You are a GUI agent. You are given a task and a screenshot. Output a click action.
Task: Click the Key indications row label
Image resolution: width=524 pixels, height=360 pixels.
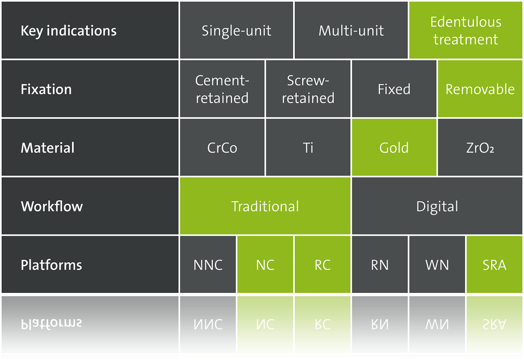[69, 31]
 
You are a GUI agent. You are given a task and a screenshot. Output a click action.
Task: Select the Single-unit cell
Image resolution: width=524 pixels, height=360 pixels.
[236, 31]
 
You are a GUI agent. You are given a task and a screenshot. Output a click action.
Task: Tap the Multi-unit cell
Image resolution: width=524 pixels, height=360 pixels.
[351, 31]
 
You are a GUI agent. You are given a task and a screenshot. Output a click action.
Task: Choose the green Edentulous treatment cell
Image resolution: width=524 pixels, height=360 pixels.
[466, 31]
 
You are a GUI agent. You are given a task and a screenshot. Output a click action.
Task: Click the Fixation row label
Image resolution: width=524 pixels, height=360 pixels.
[46, 89]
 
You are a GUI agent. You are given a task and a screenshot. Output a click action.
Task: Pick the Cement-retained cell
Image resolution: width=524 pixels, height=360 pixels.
[222, 89]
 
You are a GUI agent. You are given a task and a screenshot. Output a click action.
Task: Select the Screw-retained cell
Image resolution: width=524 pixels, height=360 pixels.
[308, 89]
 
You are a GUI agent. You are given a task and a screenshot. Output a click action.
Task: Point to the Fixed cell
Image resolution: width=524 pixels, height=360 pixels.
[394, 89]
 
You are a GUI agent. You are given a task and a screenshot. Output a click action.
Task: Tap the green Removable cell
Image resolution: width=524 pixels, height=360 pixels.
[480, 89]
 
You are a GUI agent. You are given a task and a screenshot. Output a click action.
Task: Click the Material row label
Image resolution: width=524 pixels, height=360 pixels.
[47, 148]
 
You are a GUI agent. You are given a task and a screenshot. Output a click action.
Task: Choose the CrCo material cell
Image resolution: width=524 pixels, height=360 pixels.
[222, 147]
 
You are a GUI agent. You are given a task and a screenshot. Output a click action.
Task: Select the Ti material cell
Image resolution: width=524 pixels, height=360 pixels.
[308, 147]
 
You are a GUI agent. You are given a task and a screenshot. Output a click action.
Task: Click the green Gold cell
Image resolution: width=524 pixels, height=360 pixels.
[394, 147]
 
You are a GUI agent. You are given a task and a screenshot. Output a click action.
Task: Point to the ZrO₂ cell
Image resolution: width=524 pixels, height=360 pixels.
[480, 147]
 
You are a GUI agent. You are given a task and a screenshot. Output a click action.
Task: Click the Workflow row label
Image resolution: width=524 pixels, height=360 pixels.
[52, 206]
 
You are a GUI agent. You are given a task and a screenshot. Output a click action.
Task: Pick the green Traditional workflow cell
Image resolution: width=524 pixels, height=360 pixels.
[265, 206]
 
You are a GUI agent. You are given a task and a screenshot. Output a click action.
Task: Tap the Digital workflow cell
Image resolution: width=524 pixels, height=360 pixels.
[437, 206]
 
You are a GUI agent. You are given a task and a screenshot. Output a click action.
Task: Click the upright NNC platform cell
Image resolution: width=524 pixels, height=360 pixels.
[208, 265]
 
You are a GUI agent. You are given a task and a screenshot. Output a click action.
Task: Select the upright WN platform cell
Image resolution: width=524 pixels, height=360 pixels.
[437, 265]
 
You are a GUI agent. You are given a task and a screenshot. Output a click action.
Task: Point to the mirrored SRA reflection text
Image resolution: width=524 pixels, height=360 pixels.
[495, 324]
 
